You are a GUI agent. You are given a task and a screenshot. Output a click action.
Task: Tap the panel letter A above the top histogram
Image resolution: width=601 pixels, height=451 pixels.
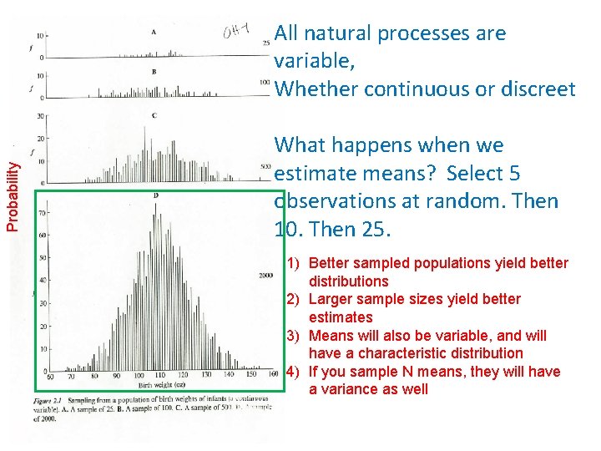(153, 32)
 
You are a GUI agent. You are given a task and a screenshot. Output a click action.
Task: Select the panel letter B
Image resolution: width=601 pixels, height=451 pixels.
(154, 72)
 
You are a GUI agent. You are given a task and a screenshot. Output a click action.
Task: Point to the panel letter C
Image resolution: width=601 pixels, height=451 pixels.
(154, 114)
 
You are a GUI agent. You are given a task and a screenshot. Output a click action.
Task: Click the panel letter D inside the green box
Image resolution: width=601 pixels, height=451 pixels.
(155, 195)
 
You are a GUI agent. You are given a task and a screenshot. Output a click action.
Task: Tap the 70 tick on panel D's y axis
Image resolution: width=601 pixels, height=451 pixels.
(42, 214)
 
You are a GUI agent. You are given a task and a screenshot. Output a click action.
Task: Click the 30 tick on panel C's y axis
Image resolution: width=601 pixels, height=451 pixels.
(40, 116)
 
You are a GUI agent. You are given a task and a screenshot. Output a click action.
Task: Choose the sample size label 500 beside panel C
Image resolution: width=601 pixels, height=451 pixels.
(266, 166)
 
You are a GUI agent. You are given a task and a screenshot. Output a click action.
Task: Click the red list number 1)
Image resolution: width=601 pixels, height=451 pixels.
(295, 263)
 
